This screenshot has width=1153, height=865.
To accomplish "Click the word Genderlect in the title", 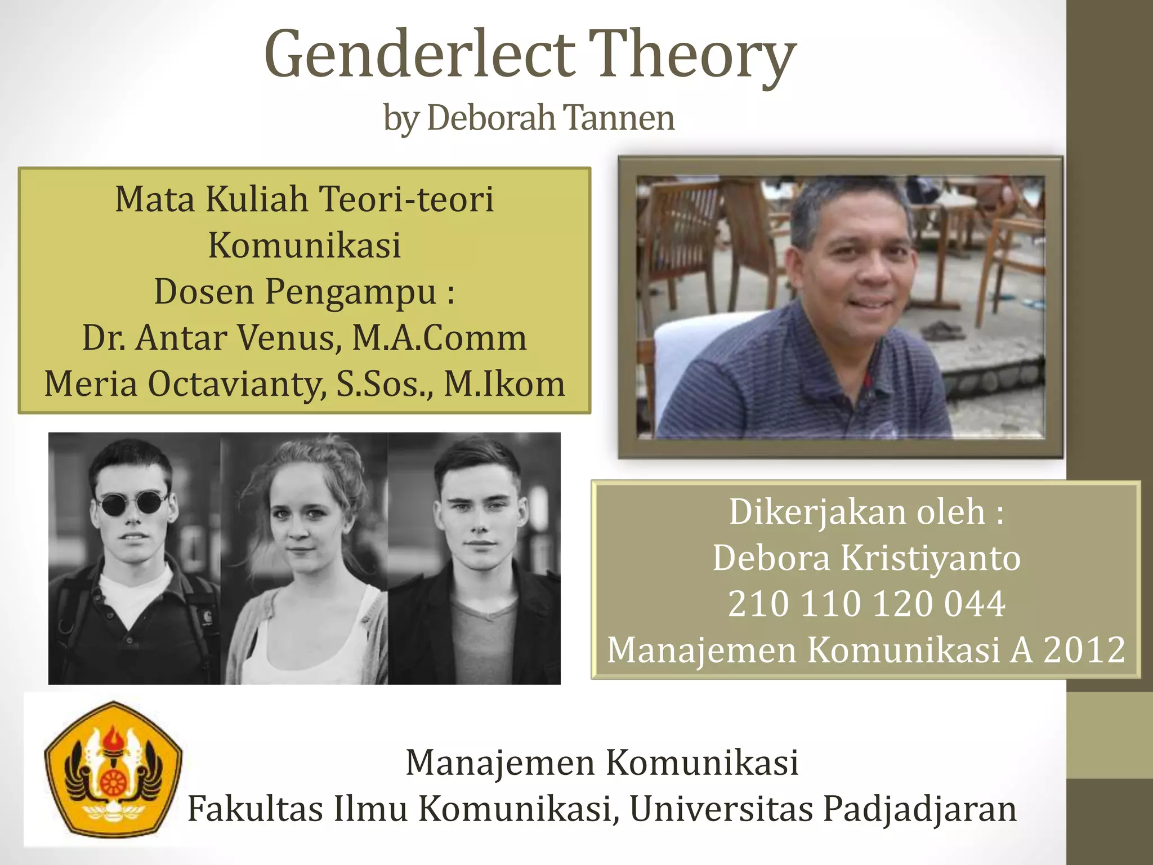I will click(x=419, y=55).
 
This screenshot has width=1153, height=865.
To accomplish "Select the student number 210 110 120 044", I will click(x=866, y=604).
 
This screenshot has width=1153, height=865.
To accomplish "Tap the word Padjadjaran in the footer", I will click(x=919, y=809).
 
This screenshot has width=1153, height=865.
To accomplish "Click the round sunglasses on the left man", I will click(x=132, y=502).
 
